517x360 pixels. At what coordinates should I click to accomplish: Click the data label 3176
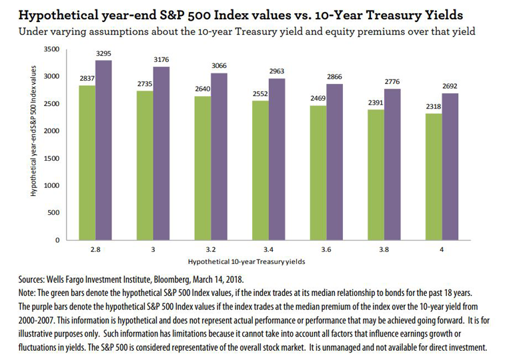(161, 60)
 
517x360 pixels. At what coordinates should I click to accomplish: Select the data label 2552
(261, 95)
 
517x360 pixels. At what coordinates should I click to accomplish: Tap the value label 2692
(450, 87)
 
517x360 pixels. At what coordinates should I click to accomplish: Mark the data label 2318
(434, 107)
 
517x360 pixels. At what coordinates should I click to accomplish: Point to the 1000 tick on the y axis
(53, 185)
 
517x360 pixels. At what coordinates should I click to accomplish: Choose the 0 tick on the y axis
(57, 239)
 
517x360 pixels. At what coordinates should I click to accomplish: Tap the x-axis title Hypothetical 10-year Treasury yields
(247, 261)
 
